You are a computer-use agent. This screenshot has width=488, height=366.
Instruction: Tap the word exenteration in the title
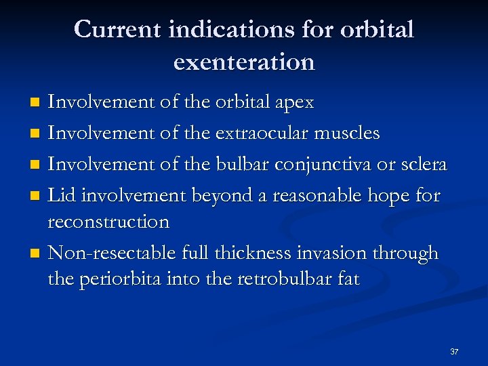coord(244,62)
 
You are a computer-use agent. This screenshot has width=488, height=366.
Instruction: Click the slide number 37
coord(454,352)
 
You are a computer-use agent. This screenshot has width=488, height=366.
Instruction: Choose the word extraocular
coord(262,134)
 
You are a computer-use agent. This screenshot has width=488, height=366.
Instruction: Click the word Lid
coord(63,196)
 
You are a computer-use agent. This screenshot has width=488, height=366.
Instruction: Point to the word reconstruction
coord(109,222)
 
